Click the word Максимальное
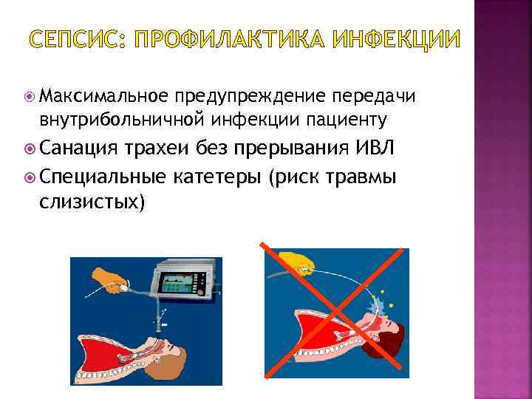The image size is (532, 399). point(105,96)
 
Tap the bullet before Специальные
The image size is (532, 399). point(30,177)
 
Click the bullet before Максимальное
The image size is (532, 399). point(30,96)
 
